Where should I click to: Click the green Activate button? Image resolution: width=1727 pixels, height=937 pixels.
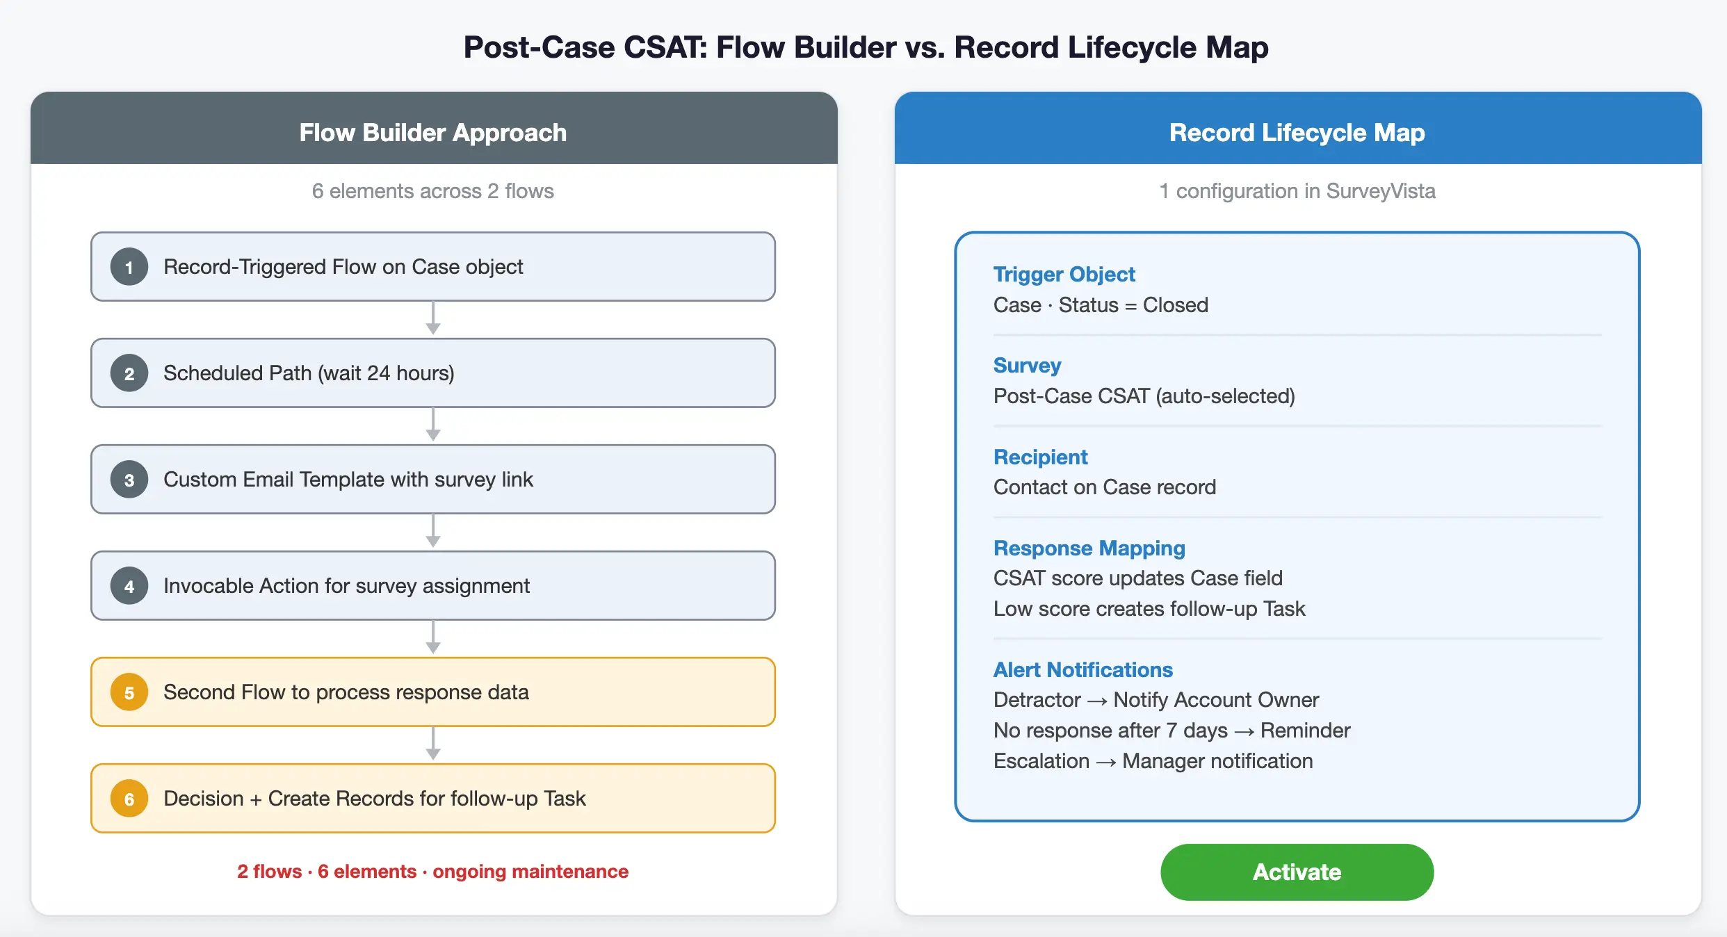coord(1297,872)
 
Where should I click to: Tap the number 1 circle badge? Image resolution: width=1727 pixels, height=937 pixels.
coord(129,267)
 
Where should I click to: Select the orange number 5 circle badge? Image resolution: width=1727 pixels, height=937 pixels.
coord(129,692)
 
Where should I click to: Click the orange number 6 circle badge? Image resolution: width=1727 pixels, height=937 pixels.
coord(129,799)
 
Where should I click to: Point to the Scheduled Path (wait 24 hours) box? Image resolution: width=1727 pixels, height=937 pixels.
coord(432,373)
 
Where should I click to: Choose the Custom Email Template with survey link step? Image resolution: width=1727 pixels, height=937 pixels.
coord(432,480)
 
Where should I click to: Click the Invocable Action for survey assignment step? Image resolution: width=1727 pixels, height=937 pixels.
coord(432,586)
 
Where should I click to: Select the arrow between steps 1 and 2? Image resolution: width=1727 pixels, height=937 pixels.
coord(433,319)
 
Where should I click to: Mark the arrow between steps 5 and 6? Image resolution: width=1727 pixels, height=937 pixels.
coord(433,744)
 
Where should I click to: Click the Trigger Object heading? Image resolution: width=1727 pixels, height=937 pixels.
coord(1064,275)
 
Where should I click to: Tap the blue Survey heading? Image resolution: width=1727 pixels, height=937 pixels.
coord(1027,366)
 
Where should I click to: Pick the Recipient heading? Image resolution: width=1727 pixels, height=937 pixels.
coord(1040,457)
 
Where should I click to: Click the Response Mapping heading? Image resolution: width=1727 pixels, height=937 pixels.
coord(1089,548)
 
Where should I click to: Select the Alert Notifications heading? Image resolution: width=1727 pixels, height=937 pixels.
coord(1083,670)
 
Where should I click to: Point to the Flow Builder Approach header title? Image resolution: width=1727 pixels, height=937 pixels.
coord(432,133)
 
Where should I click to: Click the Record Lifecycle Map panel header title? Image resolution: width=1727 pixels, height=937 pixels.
coord(1297,133)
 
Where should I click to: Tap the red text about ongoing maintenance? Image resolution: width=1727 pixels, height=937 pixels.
coord(432,872)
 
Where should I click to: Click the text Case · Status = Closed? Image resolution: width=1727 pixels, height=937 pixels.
coord(1101,305)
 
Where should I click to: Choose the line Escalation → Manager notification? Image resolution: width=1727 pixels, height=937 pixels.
coord(1153,761)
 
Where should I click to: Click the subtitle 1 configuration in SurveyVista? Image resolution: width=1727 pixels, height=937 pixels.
coord(1297,191)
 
